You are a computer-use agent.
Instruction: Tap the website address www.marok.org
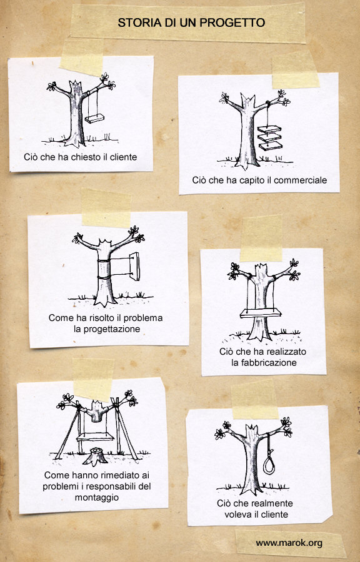(x=289, y=543)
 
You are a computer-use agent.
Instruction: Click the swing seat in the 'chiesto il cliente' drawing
(x=94, y=118)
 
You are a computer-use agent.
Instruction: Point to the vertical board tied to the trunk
(x=134, y=266)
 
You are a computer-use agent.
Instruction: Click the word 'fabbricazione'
(x=264, y=362)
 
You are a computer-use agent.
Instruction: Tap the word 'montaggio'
(x=97, y=498)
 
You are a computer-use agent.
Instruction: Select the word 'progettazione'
(x=107, y=329)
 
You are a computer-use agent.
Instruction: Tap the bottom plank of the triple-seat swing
(x=271, y=145)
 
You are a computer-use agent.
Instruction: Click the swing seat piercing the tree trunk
(x=261, y=313)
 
